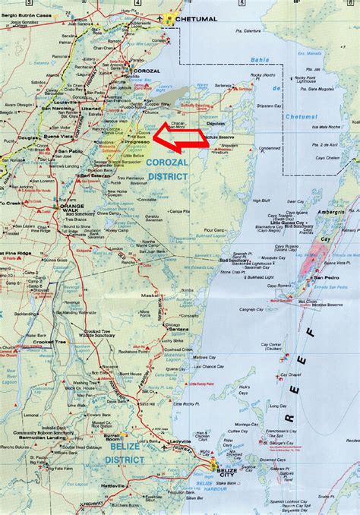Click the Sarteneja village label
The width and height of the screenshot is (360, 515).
[x=223, y=87]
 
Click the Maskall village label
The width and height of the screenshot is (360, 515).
[x=149, y=295]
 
